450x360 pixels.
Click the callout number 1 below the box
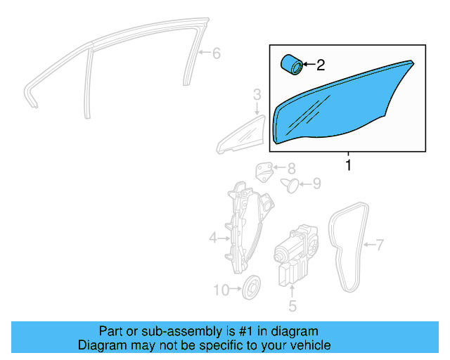347,166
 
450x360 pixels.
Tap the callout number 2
321,66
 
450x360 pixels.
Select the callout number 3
257,94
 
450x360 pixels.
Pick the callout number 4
213,239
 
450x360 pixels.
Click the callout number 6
216,53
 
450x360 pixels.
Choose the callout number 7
380,245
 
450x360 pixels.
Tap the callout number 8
291,168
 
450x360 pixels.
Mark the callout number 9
316,184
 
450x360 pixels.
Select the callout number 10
221,289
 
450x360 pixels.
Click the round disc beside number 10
250,287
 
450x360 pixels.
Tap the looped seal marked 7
349,246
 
